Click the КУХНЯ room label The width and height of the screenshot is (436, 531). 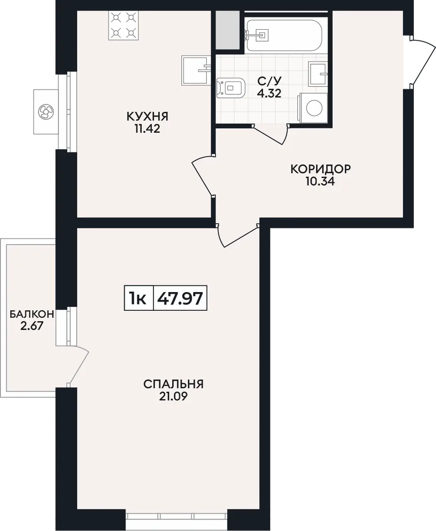[147, 116]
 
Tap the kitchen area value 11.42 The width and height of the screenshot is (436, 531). [147, 129]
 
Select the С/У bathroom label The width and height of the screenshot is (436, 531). [269, 81]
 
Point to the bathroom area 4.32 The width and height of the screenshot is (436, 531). [269, 93]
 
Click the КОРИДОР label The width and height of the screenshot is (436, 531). [320, 169]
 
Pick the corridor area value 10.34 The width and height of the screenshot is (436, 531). [320, 181]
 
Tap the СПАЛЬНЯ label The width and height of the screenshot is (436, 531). [174, 385]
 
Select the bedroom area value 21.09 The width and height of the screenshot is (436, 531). [174, 397]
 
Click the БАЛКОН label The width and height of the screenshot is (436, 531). [32, 314]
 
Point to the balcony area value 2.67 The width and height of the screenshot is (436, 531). [32, 326]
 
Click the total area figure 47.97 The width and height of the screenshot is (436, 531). [180, 298]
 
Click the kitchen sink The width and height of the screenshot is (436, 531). [196, 70]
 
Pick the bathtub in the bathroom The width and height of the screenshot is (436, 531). [284, 35]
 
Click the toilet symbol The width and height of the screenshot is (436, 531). [231, 88]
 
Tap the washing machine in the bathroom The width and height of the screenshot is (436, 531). [313, 108]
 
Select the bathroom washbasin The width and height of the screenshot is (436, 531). [318, 74]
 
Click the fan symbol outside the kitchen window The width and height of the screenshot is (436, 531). [46, 112]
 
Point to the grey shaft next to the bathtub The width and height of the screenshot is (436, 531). [227, 30]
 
